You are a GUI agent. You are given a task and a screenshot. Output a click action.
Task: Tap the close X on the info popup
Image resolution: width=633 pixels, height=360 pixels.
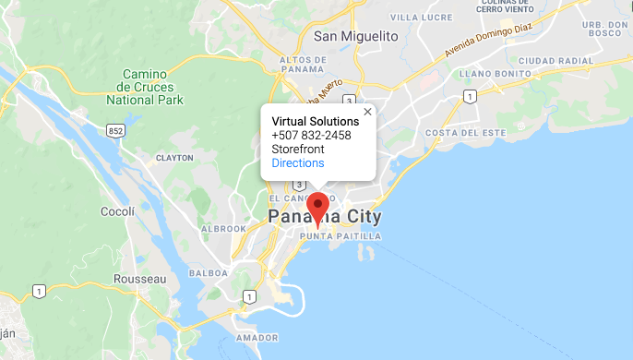point(367,112)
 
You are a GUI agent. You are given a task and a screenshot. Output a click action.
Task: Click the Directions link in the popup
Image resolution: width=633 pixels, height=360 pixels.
point(298,163)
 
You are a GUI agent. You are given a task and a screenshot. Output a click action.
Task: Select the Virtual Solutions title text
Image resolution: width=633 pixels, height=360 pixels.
point(315,121)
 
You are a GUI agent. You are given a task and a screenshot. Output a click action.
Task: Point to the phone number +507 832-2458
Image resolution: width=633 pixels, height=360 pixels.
point(311,136)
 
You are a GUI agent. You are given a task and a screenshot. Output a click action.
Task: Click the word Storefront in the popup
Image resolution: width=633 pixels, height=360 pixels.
point(298,150)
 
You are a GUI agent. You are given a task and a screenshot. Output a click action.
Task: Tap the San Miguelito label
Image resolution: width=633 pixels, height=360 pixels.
point(355,36)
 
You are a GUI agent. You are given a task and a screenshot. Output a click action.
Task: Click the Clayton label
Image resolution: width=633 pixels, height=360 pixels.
point(174,158)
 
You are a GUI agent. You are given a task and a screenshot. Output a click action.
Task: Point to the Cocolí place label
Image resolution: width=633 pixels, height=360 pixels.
point(118,212)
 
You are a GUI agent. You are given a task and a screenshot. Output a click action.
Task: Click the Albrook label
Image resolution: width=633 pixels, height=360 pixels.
point(223,228)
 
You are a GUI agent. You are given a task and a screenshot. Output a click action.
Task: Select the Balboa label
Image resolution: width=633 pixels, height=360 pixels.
point(208,273)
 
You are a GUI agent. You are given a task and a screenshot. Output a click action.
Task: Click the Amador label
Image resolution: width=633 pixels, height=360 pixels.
point(257,338)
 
